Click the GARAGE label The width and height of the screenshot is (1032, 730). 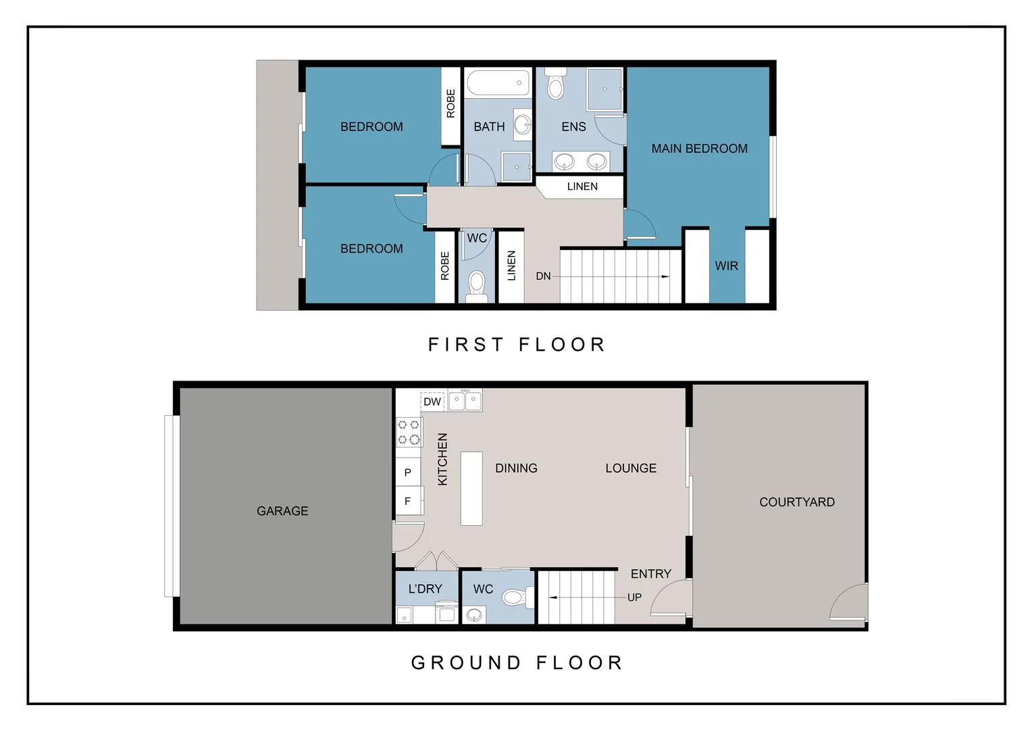[282, 511]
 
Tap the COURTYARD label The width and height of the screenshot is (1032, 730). [796, 502]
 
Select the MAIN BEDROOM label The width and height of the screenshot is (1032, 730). [699, 149]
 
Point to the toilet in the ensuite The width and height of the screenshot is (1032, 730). [555, 84]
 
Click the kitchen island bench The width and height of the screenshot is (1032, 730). [471, 488]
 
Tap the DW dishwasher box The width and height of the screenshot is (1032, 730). [432, 401]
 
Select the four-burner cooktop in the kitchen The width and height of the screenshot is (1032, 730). [409, 432]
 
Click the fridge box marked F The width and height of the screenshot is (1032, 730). [407, 501]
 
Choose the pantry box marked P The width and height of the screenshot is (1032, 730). [407, 472]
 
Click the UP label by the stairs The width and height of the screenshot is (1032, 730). [634, 598]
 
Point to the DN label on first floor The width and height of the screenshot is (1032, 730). [543, 276]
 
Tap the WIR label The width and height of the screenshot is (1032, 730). [726, 266]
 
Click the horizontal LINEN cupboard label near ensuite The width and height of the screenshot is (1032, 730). [582, 187]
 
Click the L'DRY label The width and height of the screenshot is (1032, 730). [425, 589]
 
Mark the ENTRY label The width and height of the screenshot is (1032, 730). [650, 574]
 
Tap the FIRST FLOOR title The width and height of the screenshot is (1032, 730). [517, 345]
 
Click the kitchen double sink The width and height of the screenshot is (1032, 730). [465, 401]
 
